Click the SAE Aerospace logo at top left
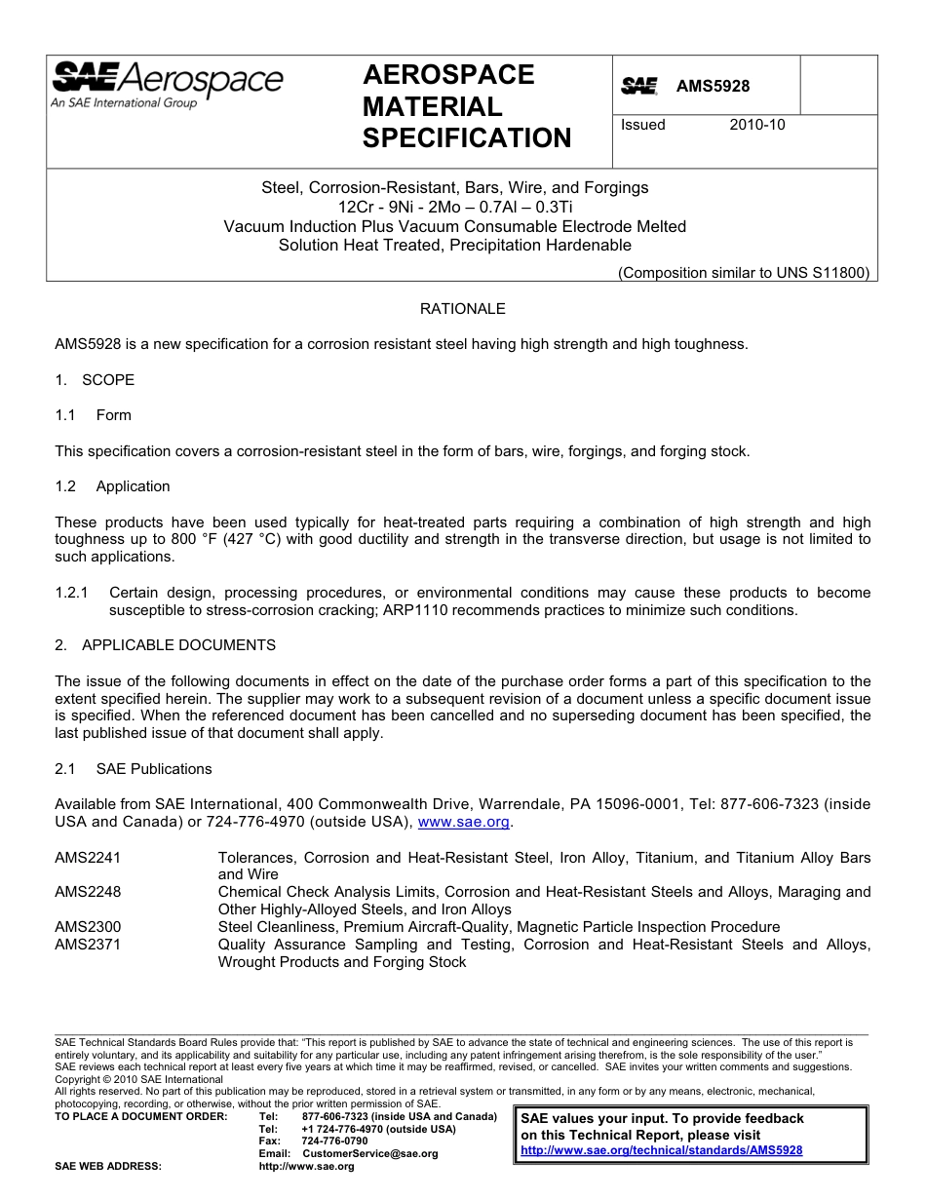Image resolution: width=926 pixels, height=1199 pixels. point(167,85)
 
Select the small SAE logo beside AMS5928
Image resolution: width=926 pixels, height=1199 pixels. point(639,87)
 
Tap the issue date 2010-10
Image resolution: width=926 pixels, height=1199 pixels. point(756,125)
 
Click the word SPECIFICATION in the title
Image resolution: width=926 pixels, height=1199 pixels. point(467,138)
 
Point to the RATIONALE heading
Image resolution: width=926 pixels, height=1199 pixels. point(462,309)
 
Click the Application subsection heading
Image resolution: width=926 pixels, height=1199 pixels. point(133,486)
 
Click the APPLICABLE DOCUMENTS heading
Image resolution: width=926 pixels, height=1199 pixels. point(178,645)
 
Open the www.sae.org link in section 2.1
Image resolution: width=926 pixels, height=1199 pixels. point(464,822)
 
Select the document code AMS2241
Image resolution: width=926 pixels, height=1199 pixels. point(88,858)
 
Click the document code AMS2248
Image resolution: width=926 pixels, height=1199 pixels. point(88,892)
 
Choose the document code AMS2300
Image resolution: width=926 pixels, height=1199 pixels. point(88,927)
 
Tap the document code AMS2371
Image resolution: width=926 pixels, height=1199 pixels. point(88,945)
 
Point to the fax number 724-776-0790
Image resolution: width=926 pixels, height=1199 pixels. point(334,1141)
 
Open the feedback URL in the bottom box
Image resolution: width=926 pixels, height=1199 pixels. point(662,1150)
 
